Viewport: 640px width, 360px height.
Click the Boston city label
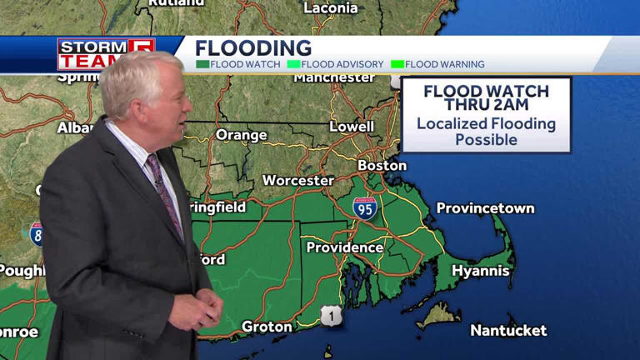[x=382, y=165]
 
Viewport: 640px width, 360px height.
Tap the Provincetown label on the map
[x=485, y=208]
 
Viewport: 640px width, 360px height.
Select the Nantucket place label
[x=508, y=331]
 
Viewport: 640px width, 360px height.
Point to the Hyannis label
[x=480, y=271]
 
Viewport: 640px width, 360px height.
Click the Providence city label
[x=344, y=247]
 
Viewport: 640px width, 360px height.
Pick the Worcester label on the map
[x=297, y=180]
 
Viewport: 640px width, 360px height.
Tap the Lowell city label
[x=351, y=127]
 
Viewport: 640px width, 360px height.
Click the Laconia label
[x=331, y=8]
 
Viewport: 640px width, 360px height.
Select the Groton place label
[x=267, y=327]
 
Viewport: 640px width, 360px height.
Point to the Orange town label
[x=241, y=135]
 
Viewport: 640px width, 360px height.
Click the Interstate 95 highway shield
[x=364, y=208]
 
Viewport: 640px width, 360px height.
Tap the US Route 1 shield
[x=331, y=315]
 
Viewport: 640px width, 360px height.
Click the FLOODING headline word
[x=253, y=48]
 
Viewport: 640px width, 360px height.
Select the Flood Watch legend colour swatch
[x=202, y=64]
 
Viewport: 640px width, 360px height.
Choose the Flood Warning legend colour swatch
[x=397, y=64]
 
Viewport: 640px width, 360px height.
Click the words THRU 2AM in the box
[x=485, y=105]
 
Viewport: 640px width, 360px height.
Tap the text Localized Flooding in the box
[x=486, y=124]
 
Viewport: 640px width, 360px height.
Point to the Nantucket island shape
[x=439, y=315]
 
